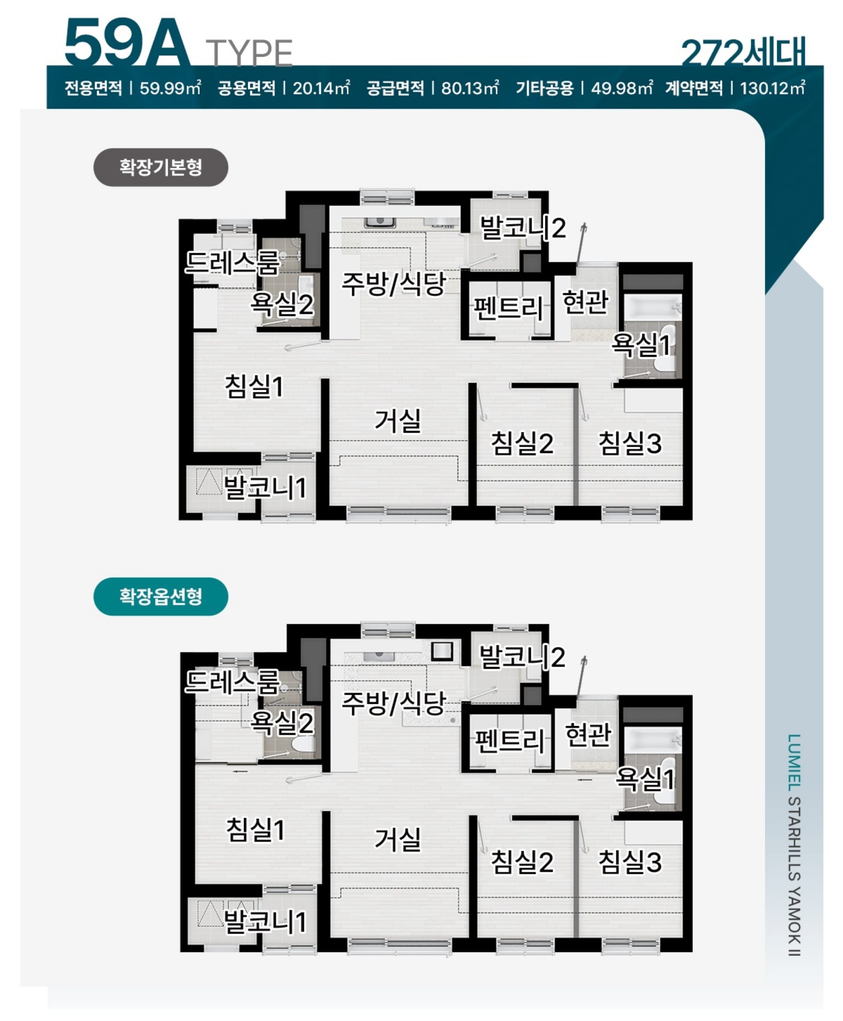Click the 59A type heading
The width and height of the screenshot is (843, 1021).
(x=127, y=44)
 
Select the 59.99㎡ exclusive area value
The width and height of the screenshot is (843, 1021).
(x=170, y=88)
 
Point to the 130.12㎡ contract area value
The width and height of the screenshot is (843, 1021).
(x=773, y=88)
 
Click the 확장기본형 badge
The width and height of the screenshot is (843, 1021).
(x=160, y=167)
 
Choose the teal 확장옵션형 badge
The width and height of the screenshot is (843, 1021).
(x=160, y=596)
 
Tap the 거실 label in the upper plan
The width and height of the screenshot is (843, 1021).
(x=398, y=420)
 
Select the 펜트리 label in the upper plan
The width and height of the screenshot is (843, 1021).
(x=508, y=308)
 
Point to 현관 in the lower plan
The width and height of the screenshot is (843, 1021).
(x=588, y=734)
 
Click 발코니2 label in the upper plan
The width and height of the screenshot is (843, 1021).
(x=522, y=228)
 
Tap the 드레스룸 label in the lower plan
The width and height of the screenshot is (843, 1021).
(x=233, y=681)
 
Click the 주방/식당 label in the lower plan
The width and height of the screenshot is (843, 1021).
(x=394, y=702)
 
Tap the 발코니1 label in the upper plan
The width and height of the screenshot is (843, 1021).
(x=265, y=487)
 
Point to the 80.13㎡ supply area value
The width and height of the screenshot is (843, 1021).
(x=469, y=88)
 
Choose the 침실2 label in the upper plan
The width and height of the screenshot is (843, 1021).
(x=522, y=443)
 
